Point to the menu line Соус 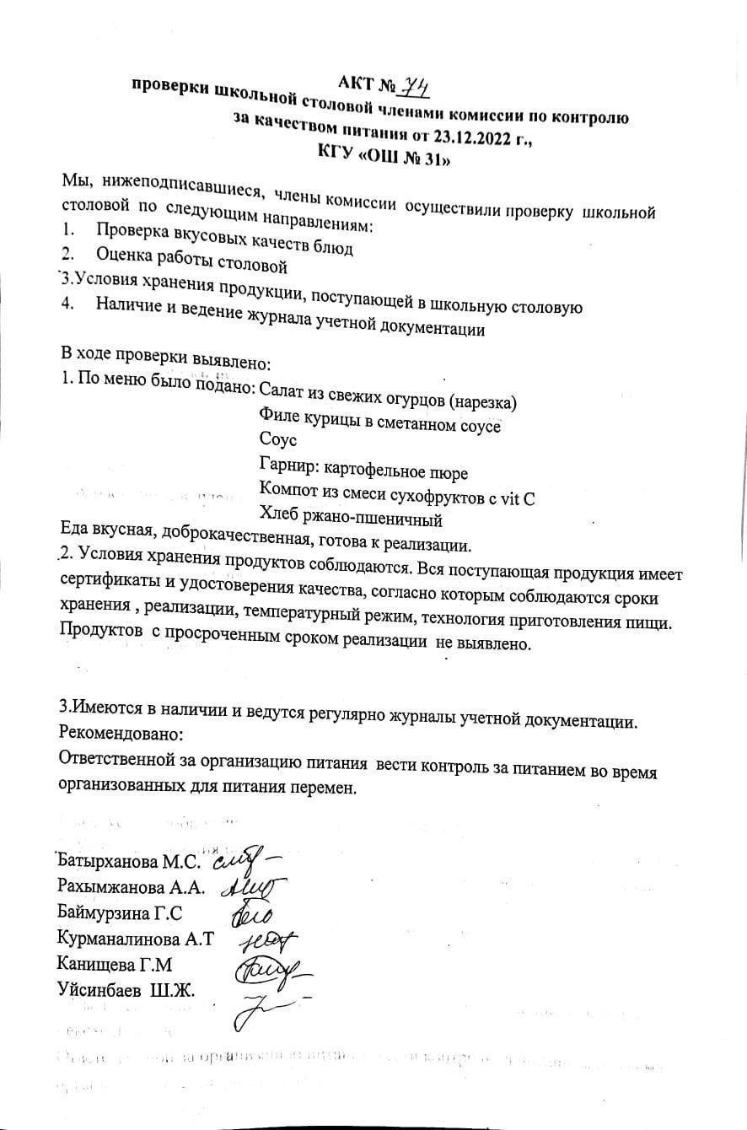[278, 439]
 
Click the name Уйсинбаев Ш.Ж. [126, 988]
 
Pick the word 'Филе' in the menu [278, 417]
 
